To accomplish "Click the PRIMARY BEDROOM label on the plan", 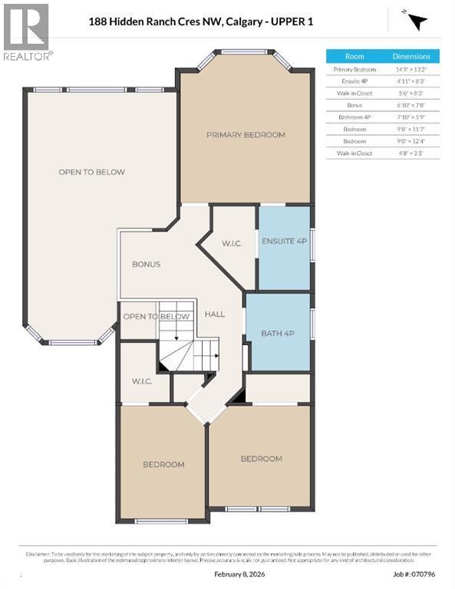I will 246,135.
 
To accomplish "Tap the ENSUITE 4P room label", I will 284,241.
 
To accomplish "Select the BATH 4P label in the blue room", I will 278,333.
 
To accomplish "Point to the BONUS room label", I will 146,265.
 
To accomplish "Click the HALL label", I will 215,314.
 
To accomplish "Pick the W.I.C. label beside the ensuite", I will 232,245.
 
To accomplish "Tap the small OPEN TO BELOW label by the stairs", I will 157,317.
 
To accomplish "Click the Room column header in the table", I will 354,57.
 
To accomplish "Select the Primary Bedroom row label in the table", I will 354,69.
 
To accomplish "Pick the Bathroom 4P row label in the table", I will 354,117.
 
